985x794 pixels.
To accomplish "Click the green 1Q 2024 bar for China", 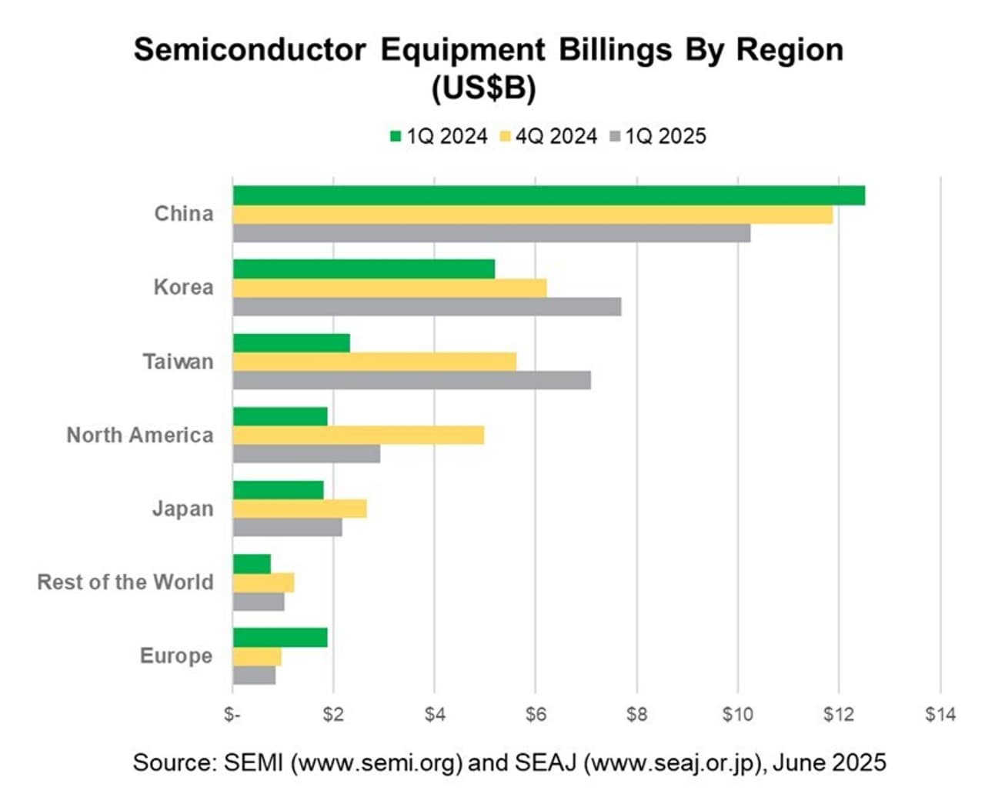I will coord(549,195).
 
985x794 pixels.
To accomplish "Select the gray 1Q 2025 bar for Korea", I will coord(427,307).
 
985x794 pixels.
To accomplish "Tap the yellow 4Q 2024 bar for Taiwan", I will coord(375,362).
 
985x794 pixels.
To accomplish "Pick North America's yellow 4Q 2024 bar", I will coord(359,435).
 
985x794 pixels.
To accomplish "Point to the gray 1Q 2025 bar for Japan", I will coord(288,528).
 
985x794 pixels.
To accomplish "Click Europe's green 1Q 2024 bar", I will coord(280,637).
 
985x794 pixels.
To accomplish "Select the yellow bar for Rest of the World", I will coord(263,582).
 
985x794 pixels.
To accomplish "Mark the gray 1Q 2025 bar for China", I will coord(492,233).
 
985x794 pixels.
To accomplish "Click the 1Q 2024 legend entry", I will coord(439,137).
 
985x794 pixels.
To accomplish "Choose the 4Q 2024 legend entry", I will coord(548,137).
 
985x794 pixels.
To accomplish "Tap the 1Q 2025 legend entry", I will coord(657,137).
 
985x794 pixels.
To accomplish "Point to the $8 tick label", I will coord(636,715).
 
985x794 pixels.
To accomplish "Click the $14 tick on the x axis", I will coord(940,715).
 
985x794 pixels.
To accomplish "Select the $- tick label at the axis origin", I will coord(232,715).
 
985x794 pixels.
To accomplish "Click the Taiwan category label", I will coord(178,362).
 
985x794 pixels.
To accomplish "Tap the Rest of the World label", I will coord(125,582).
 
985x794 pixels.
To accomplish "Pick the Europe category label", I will coord(176,656).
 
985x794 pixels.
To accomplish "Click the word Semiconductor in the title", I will coord(250,50).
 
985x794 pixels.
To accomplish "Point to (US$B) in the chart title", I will coord(484,88).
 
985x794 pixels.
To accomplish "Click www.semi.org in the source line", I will coord(381,763).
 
